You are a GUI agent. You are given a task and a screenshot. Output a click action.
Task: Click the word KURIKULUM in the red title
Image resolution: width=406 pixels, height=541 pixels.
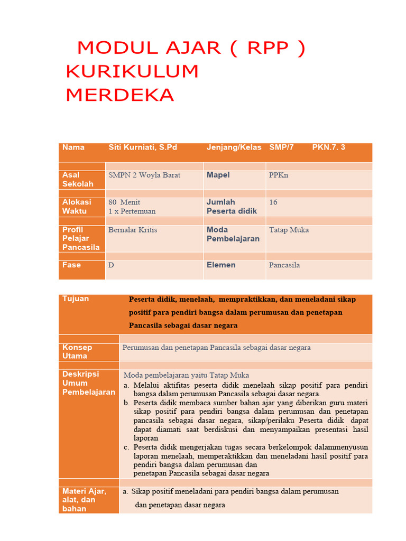click(132, 71)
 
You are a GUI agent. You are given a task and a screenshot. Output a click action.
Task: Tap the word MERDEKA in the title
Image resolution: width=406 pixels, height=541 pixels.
click(120, 95)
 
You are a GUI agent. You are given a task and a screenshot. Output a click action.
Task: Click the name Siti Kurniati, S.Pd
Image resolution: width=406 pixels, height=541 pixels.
click(143, 147)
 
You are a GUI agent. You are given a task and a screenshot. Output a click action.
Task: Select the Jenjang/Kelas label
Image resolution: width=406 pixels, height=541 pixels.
click(234, 147)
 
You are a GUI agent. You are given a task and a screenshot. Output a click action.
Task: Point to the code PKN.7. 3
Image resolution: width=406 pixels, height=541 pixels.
click(328, 147)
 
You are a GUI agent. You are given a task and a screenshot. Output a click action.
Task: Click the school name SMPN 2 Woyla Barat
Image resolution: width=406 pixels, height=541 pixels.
click(144, 175)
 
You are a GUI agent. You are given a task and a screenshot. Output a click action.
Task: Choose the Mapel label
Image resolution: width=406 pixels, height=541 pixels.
click(218, 175)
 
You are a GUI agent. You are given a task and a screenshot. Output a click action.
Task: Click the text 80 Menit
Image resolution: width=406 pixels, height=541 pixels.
click(124, 202)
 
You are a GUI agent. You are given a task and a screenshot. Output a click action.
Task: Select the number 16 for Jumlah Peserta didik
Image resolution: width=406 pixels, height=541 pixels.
click(273, 202)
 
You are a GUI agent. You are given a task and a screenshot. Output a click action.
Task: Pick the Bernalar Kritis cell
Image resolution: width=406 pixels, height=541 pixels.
click(133, 230)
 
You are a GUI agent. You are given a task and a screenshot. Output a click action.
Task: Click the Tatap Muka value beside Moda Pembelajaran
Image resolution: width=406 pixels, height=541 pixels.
click(289, 230)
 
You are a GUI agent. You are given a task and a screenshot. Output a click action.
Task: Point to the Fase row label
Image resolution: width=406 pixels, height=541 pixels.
click(71, 265)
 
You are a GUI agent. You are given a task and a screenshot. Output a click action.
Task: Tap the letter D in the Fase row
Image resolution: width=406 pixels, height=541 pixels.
click(111, 265)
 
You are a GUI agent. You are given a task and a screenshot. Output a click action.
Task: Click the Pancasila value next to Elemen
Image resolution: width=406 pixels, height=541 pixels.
click(284, 265)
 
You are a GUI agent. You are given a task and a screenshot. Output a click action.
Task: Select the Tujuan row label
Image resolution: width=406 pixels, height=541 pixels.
click(76, 299)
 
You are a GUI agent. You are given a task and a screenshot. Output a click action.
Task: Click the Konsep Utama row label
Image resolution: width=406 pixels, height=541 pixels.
click(77, 352)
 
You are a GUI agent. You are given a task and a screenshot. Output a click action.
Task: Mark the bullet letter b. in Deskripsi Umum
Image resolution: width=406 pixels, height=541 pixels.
click(127, 403)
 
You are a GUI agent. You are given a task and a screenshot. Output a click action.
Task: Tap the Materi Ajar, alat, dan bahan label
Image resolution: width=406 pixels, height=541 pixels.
click(84, 500)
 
